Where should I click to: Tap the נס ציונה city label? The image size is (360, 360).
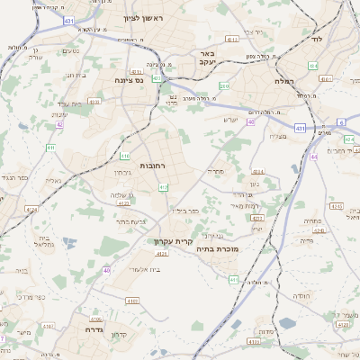(x=132, y=80)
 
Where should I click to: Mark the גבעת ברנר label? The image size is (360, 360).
(x=131, y=221)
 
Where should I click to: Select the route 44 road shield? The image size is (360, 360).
(x=314, y=157)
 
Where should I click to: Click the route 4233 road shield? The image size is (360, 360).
(x=256, y=218)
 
